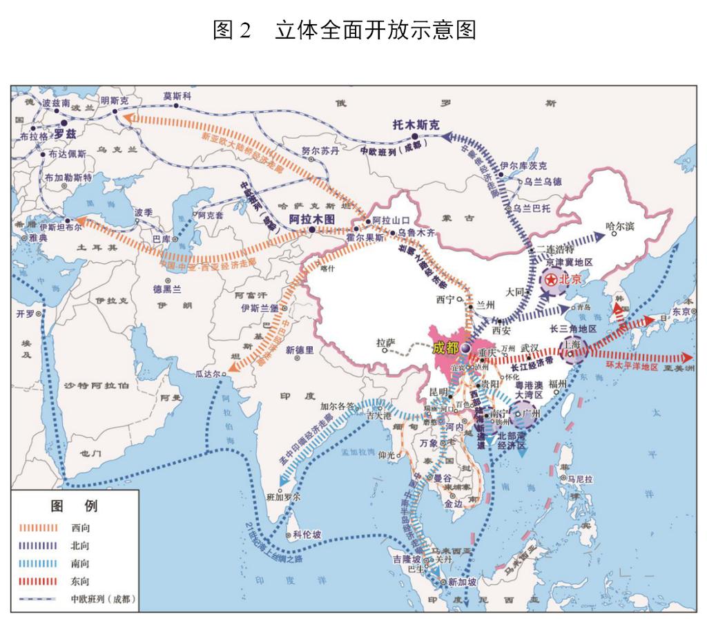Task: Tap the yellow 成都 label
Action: click(x=445, y=347)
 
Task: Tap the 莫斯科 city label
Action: click(x=177, y=97)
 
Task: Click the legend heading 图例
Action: click(x=75, y=506)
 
